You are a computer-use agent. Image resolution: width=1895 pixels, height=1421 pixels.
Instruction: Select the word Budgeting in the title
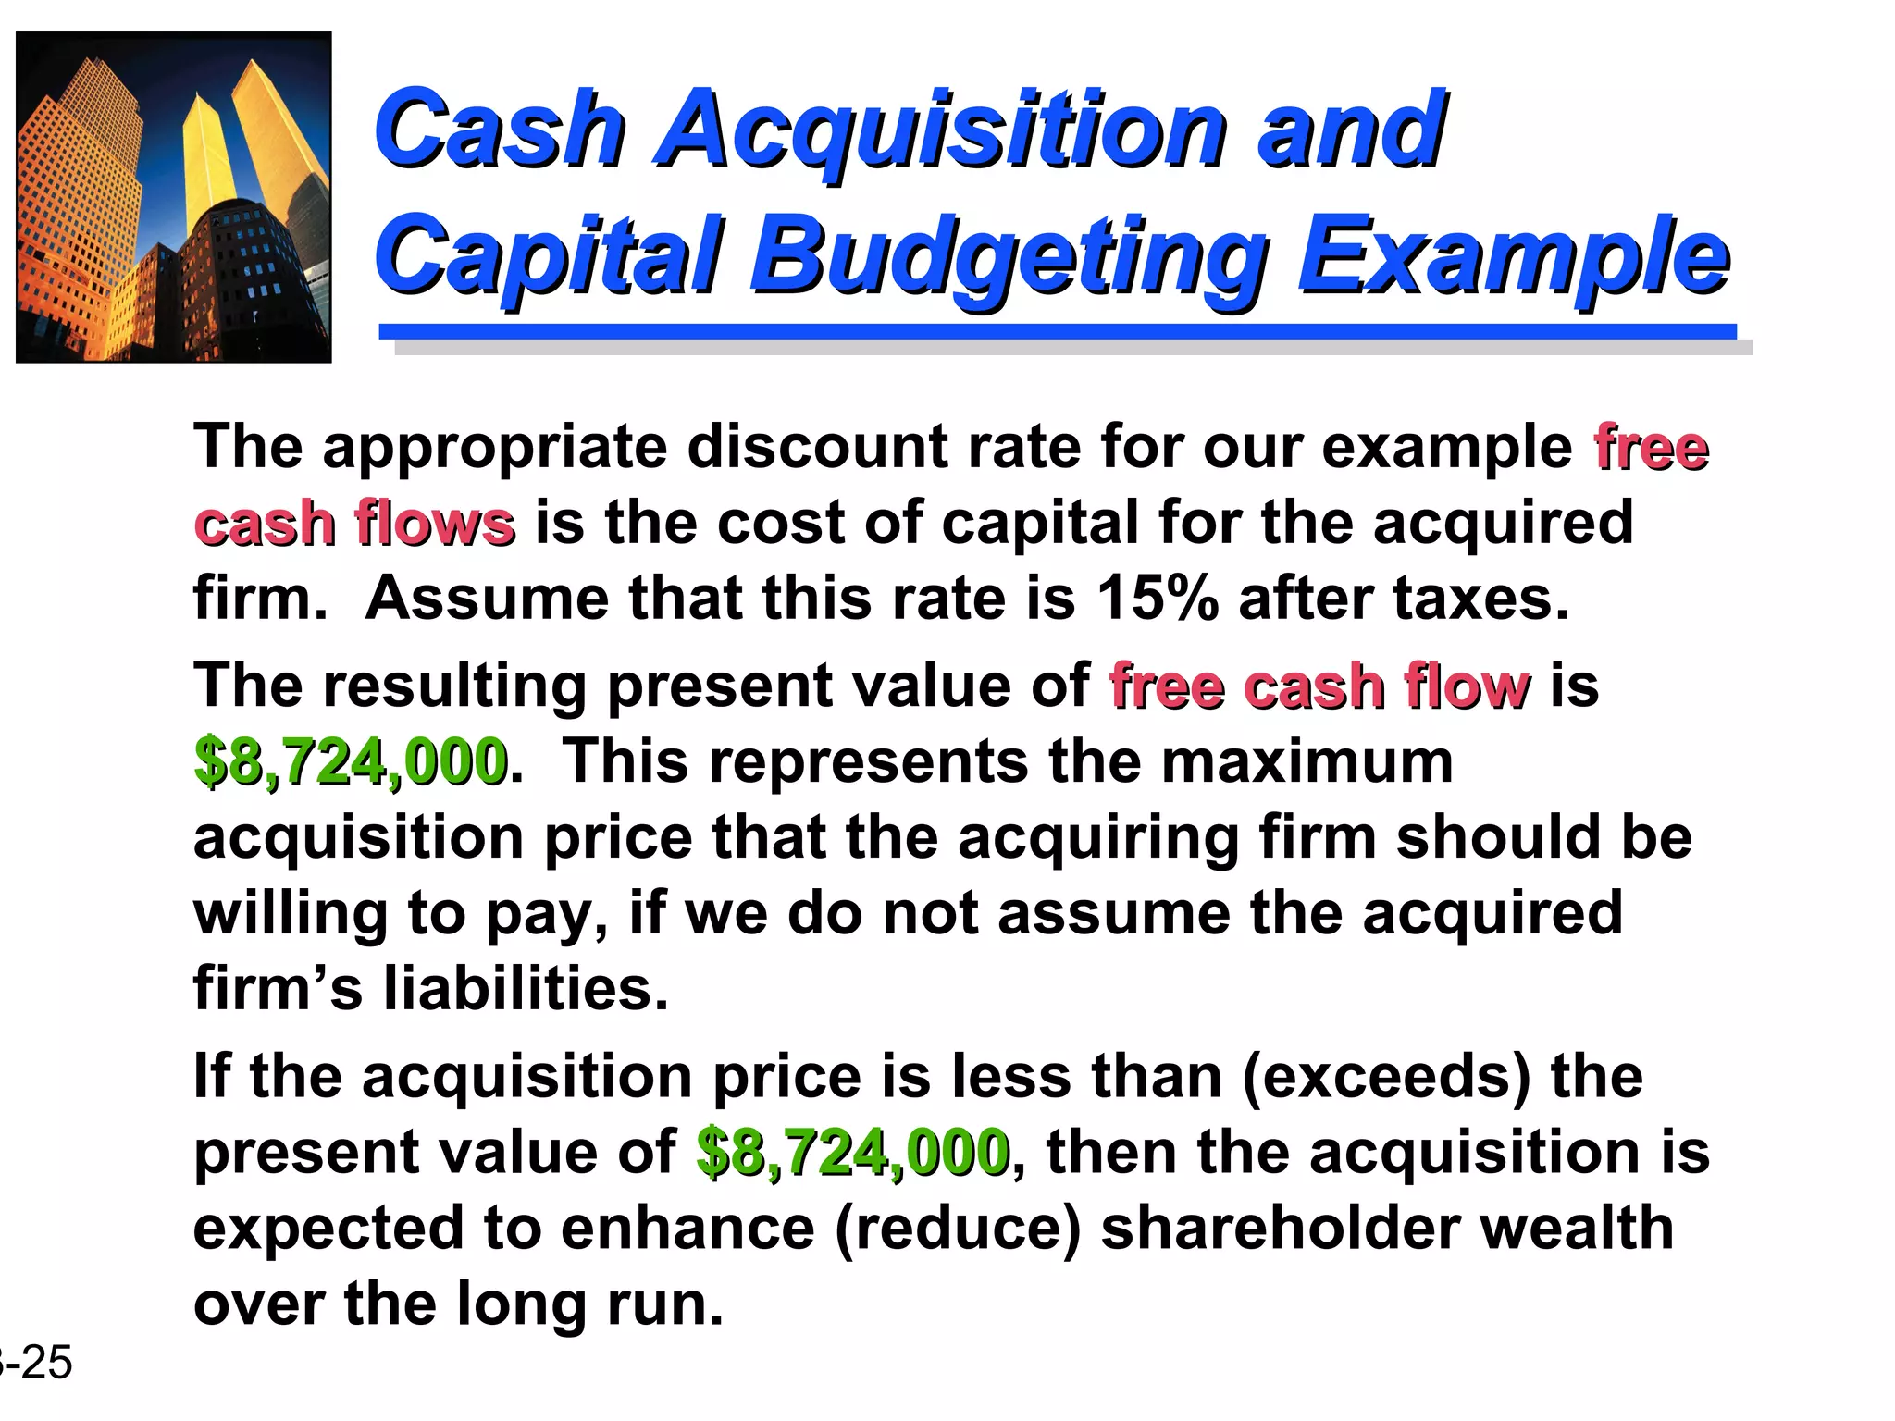[1009, 255]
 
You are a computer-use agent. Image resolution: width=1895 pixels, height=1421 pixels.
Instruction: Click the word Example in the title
[1513, 255]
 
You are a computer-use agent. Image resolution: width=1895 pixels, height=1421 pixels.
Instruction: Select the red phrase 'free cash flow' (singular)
[1319, 686]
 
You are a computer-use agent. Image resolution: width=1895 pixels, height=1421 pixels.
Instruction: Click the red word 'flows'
[435, 523]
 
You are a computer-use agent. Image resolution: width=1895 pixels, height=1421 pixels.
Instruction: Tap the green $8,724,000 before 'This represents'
[351, 762]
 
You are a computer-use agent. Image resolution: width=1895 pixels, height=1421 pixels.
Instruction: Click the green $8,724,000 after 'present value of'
[852, 1153]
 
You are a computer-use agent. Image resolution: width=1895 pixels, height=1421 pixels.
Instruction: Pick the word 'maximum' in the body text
[1307, 762]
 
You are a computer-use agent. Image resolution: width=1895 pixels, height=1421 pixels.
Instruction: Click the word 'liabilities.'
[526, 988]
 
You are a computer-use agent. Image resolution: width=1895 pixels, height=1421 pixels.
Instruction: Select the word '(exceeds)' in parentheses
[1386, 1077]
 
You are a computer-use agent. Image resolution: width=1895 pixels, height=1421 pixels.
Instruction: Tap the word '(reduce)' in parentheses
[958, 1229]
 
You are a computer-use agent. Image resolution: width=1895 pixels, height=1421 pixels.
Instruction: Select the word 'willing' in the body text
[291, 914]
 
